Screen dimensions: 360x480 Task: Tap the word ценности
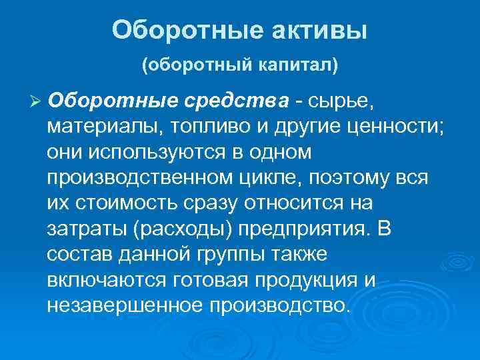[x=397, y=126]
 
